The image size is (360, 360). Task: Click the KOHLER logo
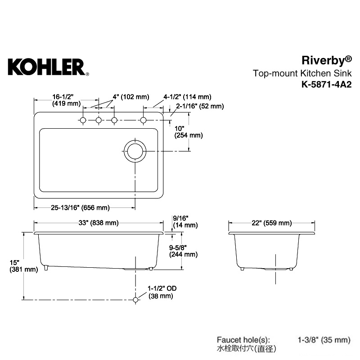point(49,67)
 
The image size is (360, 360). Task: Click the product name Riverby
point(327,61)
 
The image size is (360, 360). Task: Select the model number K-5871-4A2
point(327,85)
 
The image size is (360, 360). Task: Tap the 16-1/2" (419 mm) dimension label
point(66,100)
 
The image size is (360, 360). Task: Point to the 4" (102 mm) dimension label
point(131,97)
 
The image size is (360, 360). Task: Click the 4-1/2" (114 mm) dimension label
point(187,97)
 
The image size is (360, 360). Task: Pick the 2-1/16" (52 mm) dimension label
point(200,106)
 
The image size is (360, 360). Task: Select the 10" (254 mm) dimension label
point(189,132)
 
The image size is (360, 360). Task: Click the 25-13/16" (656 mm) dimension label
point(81,208)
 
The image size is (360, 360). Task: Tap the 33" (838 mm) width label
point(99,223)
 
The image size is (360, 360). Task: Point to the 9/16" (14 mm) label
point(185,222)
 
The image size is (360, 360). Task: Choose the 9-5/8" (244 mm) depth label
point(183,251)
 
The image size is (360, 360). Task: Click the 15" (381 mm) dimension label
point(24,266)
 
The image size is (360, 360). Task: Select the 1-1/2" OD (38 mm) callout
point(162,292)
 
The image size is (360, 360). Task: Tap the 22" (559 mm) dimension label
point(272,223)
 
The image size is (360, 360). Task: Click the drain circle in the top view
point(135,140)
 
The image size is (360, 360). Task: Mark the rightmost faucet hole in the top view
point(143,120)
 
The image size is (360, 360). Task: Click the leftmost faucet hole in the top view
point(83,120)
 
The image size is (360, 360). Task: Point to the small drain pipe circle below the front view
point(136,300)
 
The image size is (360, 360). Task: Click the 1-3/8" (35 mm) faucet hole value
point(324,340)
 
